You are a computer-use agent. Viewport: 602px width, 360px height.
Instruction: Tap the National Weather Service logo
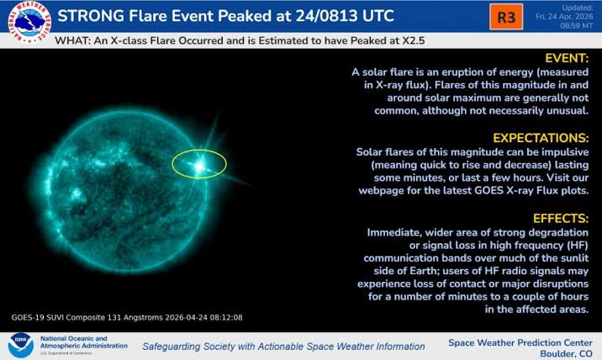click(24, 24)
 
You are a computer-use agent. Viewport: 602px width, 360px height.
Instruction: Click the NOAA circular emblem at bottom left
click(19, 345)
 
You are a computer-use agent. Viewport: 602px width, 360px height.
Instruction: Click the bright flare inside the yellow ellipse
click(200, 166)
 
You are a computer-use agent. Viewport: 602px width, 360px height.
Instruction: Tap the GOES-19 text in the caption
click(32, 317)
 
